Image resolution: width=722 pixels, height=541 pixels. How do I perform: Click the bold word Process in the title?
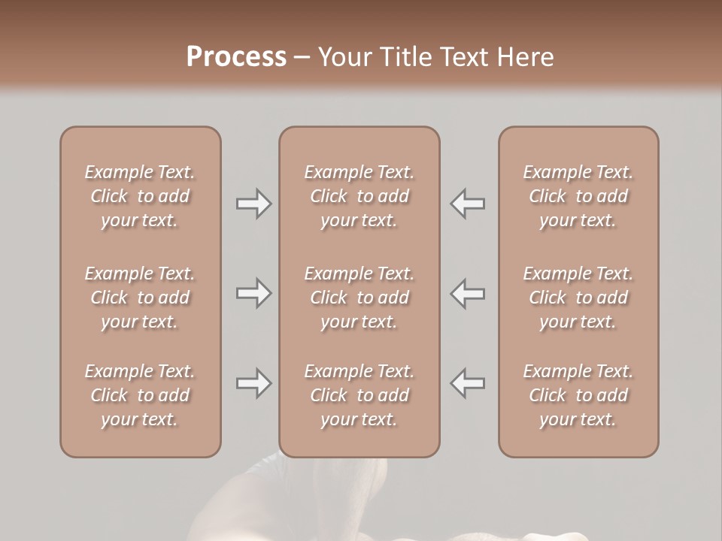pyautogui.click(x=236, y=57)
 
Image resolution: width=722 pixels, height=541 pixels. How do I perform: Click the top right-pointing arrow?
pyautogui.click(x=253, y=204)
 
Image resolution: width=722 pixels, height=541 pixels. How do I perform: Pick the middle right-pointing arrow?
pyautogui.click(x=253, y=293)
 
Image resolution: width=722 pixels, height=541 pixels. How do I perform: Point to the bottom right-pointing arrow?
pyautogui.click(x=253, y=383)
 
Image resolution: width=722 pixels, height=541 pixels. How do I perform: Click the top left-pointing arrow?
pyautogui.click(x=468, y=204)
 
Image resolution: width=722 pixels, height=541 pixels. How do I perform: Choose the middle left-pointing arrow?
pyautogui.click(x=468, y=293)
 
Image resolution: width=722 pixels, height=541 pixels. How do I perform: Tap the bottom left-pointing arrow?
pyautogui.click(x=468, y=383)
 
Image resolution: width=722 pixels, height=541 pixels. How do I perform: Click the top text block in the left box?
pyautogui.click(x=140, y=196)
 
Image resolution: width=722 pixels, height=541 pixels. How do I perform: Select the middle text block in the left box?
pyautogui.click(x=140, y=298)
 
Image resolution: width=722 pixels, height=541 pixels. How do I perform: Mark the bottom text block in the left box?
pyautogui.click(x=140, y=395)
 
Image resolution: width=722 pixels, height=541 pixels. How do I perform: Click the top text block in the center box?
pyautogui.click(x=359, y=196)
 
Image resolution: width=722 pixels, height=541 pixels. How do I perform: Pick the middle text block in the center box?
pyautogui.click(x=359, y=298)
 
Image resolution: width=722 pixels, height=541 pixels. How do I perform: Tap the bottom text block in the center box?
pyautogui.click(x=359, y=395)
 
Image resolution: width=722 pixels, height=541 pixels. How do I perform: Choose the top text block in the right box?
pyautogui.click(x=578, y=196)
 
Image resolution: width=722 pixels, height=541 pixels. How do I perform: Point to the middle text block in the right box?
pyautogui.click(x=578, y=298)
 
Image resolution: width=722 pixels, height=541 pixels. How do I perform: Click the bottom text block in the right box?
pyautogui.click(x=578, y=395)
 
